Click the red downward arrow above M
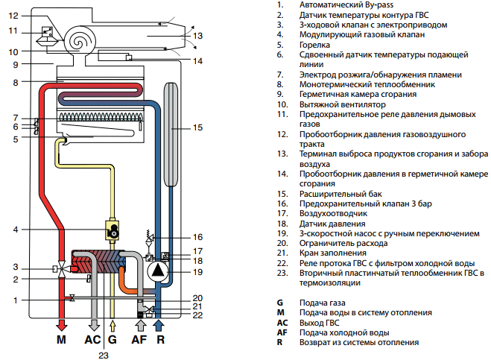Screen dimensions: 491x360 pyautogui.click(x=61, y=325)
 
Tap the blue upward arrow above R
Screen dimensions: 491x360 pyautogui.click(x=159, y=325)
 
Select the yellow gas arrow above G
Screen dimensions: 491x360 pyautogui.click(x=113, y=325)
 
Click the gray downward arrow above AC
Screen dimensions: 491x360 pyautogui.click(x=94, y=325)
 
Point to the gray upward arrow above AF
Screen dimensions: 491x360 pyautogui.click(x=140, y=325)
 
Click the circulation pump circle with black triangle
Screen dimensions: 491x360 pyautogui.click(x=158, y=271)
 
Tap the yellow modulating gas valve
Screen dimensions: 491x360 pyautogui.click(x=112, y=230)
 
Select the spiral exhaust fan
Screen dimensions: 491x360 pyautogui.click(x=80, y=41)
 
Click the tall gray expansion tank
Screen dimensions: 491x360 pyautogui.click(x=171, y=134)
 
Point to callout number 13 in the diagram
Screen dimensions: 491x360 pyautogui.click(x=197, y=36)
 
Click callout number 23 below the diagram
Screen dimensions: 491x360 pyautogui.click(x=104, y=356)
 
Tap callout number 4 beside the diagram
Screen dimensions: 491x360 pyautogui.click(x=16, y=230)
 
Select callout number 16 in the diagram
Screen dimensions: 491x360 pyautogui.click(x=197, y=237)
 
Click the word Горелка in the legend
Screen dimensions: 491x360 pyautogui.click(x=314, y=45)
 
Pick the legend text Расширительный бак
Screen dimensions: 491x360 pyautogui.click(x=340, y=194)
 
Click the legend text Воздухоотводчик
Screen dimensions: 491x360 pyautogui.click(x=333, y=213)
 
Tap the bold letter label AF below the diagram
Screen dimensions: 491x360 pyautogui.click(x=139, y=340)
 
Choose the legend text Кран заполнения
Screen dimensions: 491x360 pyautogui.click(x=333, y=253)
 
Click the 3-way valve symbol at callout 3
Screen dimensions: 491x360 pyautogui.click(x=62, y=269)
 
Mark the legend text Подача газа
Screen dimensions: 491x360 pyautogui.click(x=322, y=303)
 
